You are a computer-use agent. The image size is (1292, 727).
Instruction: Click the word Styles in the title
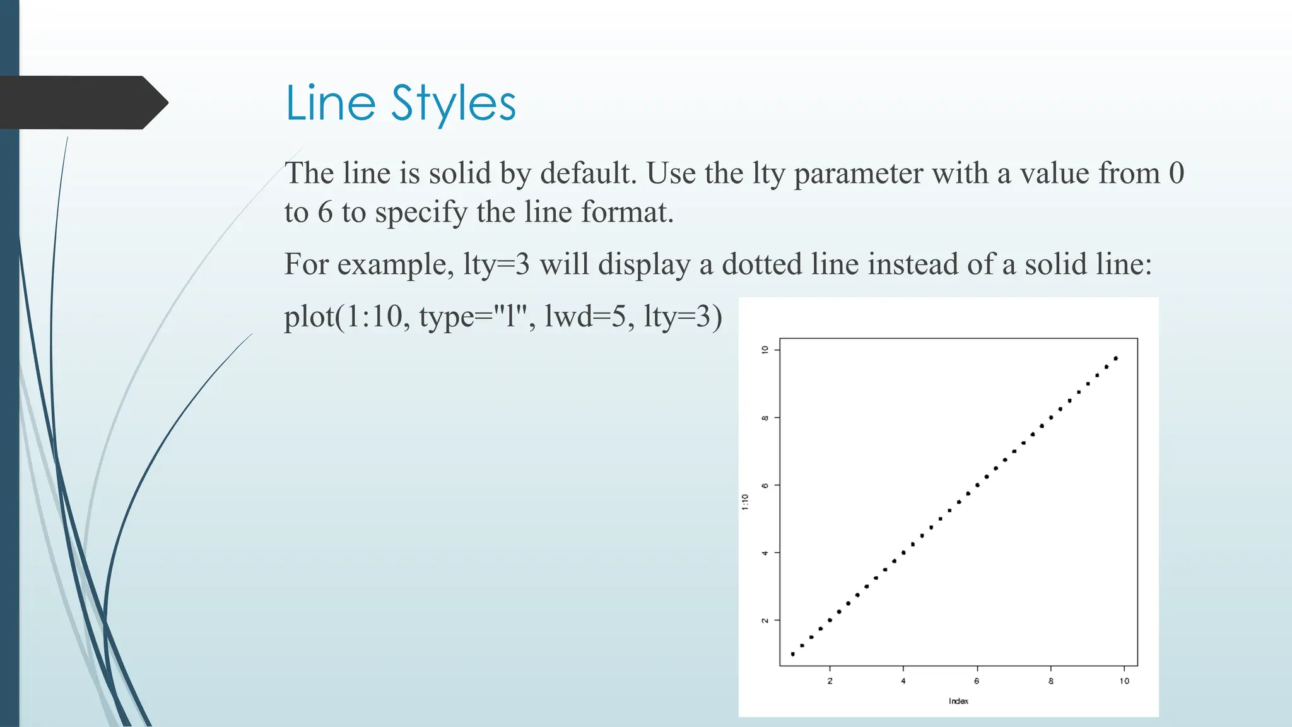(x=453, y=104)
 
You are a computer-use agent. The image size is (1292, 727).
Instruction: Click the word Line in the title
(x=330, y=103)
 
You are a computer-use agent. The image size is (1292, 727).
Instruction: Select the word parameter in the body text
(x=858, y=174)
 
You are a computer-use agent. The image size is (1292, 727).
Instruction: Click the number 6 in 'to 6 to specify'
(x=325, y=213)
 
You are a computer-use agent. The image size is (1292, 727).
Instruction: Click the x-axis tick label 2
(x=830, y=681)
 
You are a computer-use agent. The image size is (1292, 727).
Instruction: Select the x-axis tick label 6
(x=977, y=681)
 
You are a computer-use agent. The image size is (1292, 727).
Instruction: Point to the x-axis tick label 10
(x=1124, y=681)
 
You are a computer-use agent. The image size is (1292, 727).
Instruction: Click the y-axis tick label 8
(x=765, y=418)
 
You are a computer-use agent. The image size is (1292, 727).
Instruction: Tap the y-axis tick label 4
(x=765, y=553)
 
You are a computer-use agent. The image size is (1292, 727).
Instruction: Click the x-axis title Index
(x=958, y=701)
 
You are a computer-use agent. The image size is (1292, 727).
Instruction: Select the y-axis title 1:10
(x=745, y=502)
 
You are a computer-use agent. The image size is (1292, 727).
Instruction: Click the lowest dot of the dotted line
(x=793, y=654)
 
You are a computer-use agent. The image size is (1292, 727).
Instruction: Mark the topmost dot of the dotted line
(x=1116, y=358)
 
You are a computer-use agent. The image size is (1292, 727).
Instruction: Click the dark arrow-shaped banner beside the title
(x=82, y=103)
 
